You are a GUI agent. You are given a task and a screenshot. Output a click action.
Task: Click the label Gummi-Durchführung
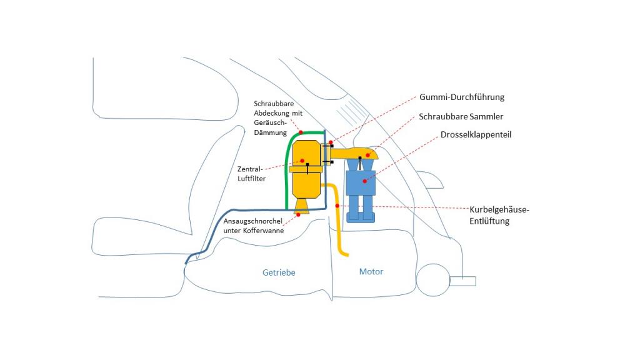point(461,97)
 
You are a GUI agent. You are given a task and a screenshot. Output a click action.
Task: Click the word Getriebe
point(279,272)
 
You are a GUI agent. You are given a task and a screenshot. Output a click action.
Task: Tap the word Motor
point(371,272)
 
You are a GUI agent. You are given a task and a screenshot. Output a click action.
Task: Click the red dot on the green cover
point(301,132)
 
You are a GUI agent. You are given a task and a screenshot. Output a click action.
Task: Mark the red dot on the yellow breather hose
point(337,206)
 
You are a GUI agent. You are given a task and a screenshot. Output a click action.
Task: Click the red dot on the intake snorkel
point(299,214)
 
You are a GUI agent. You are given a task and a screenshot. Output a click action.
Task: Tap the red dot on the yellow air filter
point(302,161)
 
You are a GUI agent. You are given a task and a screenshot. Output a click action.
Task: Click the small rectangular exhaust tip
point(463,281)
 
